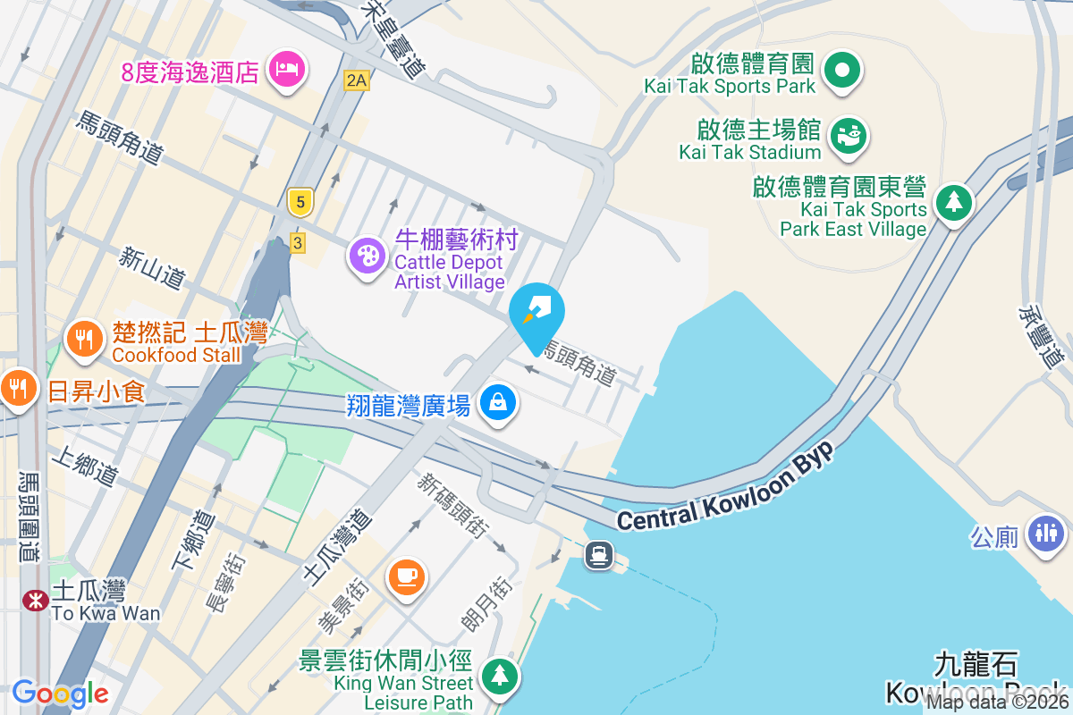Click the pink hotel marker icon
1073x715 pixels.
click(286, 68)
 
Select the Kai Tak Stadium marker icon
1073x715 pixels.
click(847, 135)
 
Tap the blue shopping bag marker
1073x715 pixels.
click(499, 401)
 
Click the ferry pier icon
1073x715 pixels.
click(598, 556)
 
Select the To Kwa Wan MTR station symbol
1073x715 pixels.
click(36, 600)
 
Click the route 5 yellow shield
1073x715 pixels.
click(300, 203)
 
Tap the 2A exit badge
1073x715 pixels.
click(356, 80)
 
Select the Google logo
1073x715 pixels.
click(60, 693)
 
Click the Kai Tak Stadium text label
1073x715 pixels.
click(749, 152)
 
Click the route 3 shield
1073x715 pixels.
click(298, 242)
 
